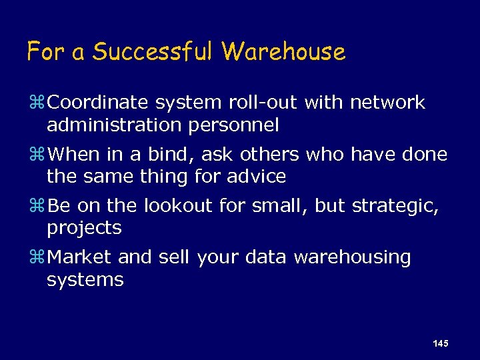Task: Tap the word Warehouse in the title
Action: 284,51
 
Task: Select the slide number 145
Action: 440,343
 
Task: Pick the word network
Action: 387,103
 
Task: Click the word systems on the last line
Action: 85,279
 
